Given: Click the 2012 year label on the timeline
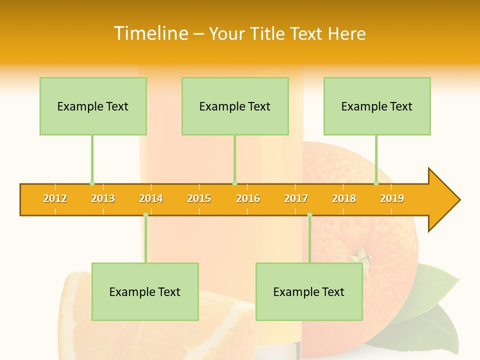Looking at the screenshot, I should coord(55,198).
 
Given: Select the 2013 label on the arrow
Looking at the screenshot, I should coord(103,198).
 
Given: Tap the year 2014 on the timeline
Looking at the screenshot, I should coord(151,198).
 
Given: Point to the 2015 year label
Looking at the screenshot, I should coord(199,198).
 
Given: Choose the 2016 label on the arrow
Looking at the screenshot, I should coord(248,198).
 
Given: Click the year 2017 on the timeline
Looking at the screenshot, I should coord(296,198).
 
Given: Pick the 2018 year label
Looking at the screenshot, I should coord(344,198).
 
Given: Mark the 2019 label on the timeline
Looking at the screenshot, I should coord(392,198).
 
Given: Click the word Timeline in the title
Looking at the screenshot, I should coord(150,33).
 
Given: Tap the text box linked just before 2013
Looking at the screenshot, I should coord(93,106).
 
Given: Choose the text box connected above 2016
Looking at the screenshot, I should coord(235,106).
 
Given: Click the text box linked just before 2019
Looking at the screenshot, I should coord(377,106).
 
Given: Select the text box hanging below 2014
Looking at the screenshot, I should coord(145,292).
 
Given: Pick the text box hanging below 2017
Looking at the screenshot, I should coord(309,292).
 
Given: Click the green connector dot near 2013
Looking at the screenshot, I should coord(92,183).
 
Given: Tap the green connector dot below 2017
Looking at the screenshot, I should coord(309,215).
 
